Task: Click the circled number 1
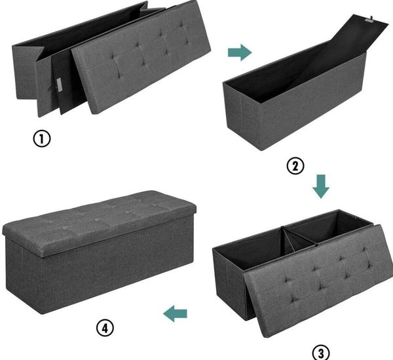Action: [x=42, y=138]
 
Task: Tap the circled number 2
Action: [x=295, y=166]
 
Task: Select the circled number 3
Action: [x=321, y=353]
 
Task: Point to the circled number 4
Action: [x=105, y=328]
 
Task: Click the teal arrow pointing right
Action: [x=240, y=52]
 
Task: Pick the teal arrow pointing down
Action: [x=321, y=186]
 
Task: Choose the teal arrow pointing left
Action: [x=175, y=313]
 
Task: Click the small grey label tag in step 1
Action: [x=60, y=84]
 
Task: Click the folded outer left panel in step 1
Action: [x=25, y=73]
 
